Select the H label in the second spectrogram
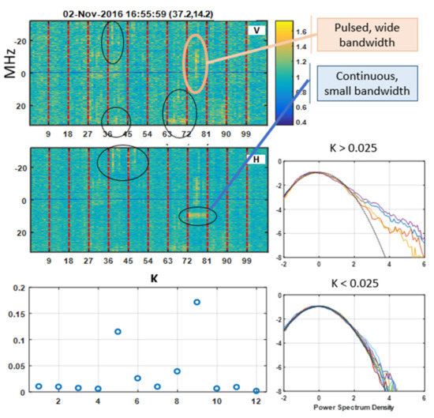(255, 161)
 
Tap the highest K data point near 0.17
(196, 302)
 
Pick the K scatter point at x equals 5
(118, 331)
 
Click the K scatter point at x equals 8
(177, 371)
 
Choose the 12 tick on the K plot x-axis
(256, 402)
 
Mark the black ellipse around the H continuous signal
(196, 215)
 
